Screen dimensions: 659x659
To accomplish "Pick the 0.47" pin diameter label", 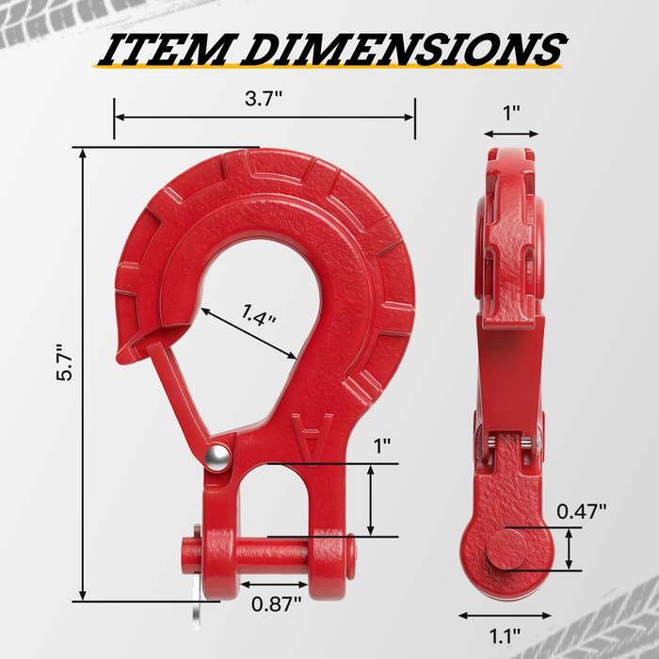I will tap(581, 511).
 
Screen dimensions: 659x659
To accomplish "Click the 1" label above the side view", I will tap(511, 112).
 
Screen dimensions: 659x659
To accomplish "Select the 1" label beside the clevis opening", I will tap(382, 445).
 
